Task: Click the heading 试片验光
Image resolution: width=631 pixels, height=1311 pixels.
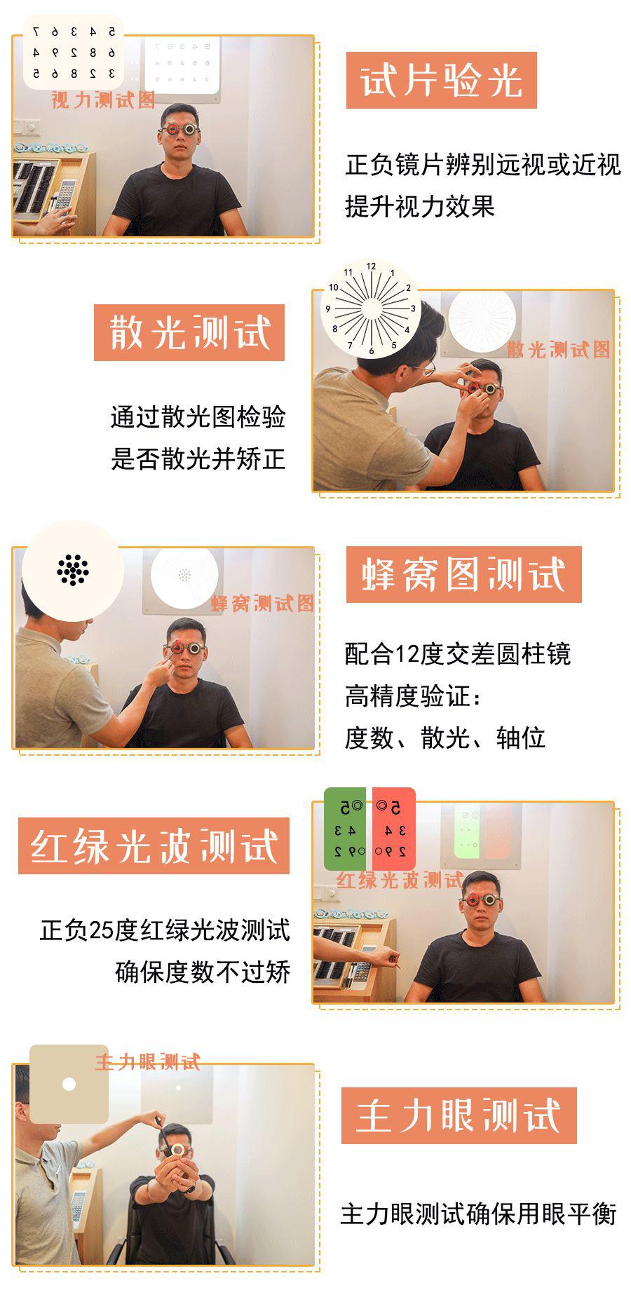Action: (441, 81)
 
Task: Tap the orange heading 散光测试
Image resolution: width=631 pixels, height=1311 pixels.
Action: (189, 332)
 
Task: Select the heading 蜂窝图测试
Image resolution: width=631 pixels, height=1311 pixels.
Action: (463, 575)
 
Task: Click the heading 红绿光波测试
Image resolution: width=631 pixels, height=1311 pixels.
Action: (154, 845)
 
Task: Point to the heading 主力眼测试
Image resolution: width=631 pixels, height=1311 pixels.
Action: (459, 1115)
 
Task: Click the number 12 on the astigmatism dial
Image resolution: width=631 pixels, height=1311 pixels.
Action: (371, 266)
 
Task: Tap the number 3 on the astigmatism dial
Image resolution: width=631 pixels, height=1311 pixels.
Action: (413, 308)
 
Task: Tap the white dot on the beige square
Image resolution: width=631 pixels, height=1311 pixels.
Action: (69, 1084)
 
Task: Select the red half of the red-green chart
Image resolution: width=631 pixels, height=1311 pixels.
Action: (393, 829)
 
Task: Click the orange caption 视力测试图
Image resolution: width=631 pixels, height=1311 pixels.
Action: (102, 100)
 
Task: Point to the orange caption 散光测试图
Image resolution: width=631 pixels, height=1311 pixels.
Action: (558, 349)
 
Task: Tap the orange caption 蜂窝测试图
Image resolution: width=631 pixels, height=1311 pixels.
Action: (262, 603)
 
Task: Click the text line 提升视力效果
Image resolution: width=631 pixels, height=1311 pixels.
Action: (420, 206)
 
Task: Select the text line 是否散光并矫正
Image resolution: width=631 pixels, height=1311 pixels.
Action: (198, 459)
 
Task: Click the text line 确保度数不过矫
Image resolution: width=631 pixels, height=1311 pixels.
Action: (203, 972)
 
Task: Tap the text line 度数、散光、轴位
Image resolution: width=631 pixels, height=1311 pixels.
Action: (445, 738)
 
